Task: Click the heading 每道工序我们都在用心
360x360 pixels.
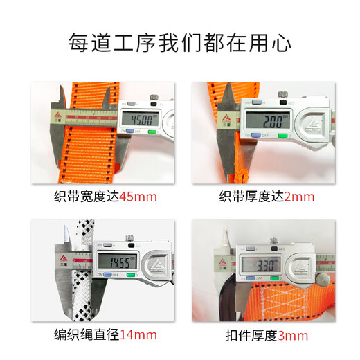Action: (x=179, y=42)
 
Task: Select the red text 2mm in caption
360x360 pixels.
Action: (x=299, y=196)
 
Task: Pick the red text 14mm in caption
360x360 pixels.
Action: (x=139, y=335)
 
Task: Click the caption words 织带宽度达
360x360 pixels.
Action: (x=90, y=196)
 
